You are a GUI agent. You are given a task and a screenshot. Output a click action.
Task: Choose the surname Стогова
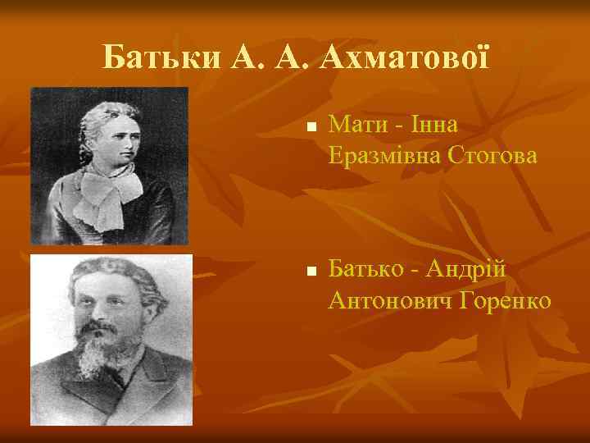tap(489, 156)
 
